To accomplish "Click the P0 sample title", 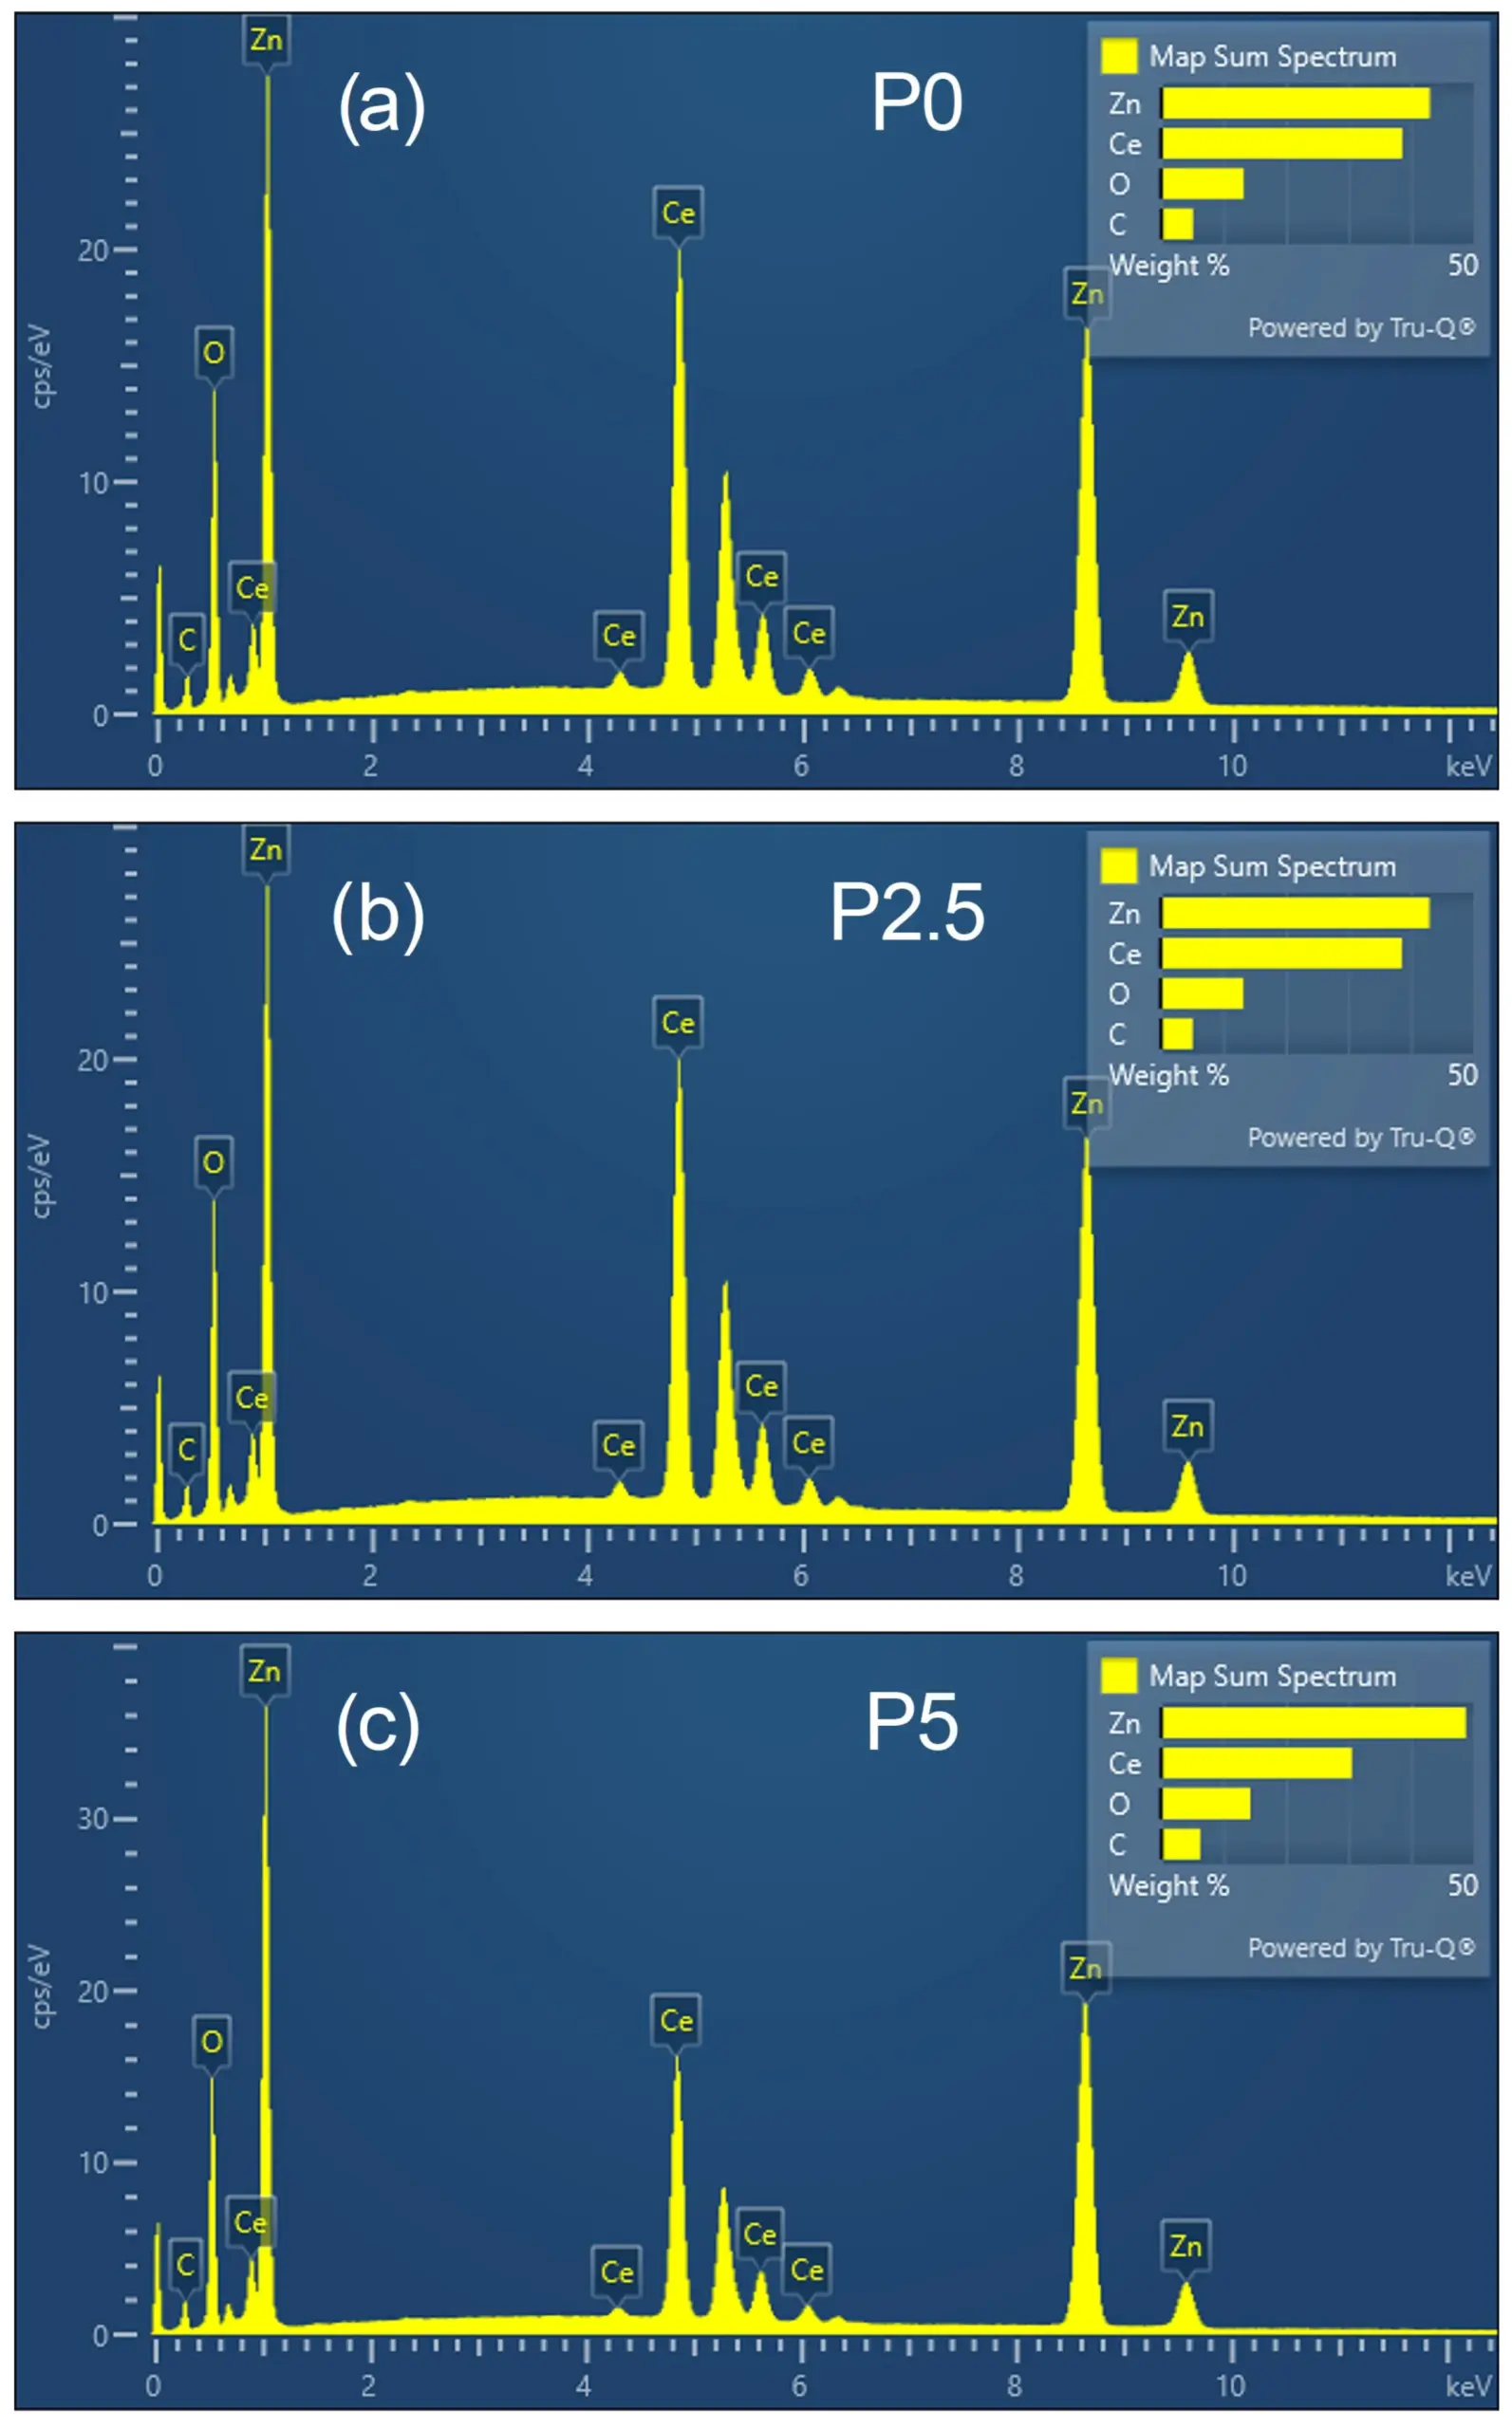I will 916,103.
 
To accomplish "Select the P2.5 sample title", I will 907,913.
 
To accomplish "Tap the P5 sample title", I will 911,1722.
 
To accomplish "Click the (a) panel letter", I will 381,105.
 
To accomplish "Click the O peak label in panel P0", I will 213,353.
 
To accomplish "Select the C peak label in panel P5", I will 185,2264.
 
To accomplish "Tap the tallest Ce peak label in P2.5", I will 678,1023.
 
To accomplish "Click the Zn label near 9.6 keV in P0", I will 1188,617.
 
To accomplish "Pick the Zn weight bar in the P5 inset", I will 1313,1722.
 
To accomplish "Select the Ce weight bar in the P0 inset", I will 1281,144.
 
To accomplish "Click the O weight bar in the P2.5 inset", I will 1202,993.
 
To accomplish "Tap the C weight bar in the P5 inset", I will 1181,1845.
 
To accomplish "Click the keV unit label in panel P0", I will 1468,767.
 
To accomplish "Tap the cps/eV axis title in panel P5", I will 40,1986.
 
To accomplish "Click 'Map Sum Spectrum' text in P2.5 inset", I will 1272,866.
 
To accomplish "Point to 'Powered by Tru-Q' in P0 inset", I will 1360,328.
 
